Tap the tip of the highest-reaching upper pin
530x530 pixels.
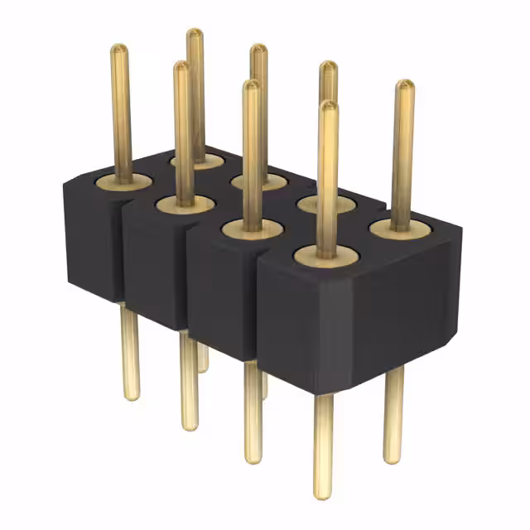point(195,34)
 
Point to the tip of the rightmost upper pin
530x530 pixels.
point(404,85)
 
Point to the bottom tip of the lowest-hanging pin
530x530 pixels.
point(323,494)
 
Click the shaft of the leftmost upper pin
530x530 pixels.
point(121,116)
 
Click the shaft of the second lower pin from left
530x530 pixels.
point(190,381)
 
